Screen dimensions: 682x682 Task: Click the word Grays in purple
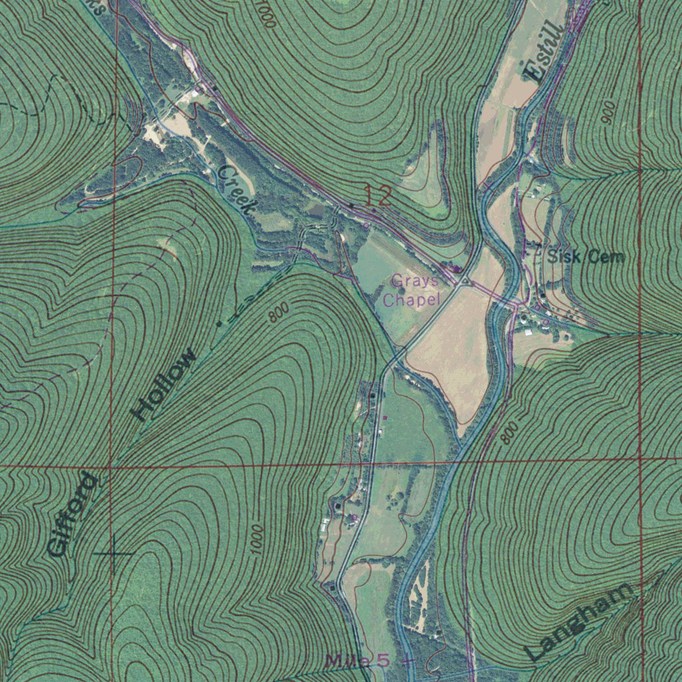point(414,280)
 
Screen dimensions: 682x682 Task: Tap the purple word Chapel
point(412,300)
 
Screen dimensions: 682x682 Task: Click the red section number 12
point(377,196)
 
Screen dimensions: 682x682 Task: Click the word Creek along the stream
point(236,189)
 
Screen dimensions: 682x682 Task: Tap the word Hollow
point(165,384)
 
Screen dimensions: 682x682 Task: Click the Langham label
point(579,621)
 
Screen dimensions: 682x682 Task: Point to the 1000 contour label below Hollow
point(256,538)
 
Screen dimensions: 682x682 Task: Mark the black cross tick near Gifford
point(114,553)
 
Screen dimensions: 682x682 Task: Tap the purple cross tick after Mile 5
point(407,661)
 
